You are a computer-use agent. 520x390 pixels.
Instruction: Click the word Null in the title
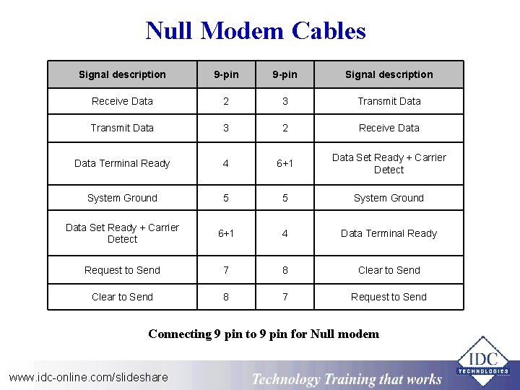[x=170, y=31]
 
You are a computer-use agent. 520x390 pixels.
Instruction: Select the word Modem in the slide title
[x=243, y=31]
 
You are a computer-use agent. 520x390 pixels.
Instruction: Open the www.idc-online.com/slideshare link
[x=88, y=376]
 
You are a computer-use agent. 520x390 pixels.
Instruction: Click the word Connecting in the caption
[x=179, y=334]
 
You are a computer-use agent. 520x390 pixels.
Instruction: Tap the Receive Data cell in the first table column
[x=122, y=101]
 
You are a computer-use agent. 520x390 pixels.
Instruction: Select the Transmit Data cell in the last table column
[x=389, y=101]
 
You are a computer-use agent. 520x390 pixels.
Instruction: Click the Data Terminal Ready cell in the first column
[x=122, y=163]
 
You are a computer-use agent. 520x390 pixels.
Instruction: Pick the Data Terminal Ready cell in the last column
[x=389, y=233]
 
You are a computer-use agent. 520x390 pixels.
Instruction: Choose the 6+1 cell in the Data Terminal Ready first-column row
[x=285, y=163]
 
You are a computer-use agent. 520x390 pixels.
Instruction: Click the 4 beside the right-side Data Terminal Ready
[x=285, y=233]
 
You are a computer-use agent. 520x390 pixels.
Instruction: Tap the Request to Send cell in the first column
[x=122, y=270]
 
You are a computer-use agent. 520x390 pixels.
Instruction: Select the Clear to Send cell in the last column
[x=389, y=270]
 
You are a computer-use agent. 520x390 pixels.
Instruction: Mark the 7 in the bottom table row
[x=285, y=297]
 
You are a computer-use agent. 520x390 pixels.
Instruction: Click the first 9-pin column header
[x=226, y=74]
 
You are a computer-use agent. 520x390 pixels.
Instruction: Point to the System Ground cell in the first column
[x=122, y=198]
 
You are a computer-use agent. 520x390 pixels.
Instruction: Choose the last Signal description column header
[x=389, y=74]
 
